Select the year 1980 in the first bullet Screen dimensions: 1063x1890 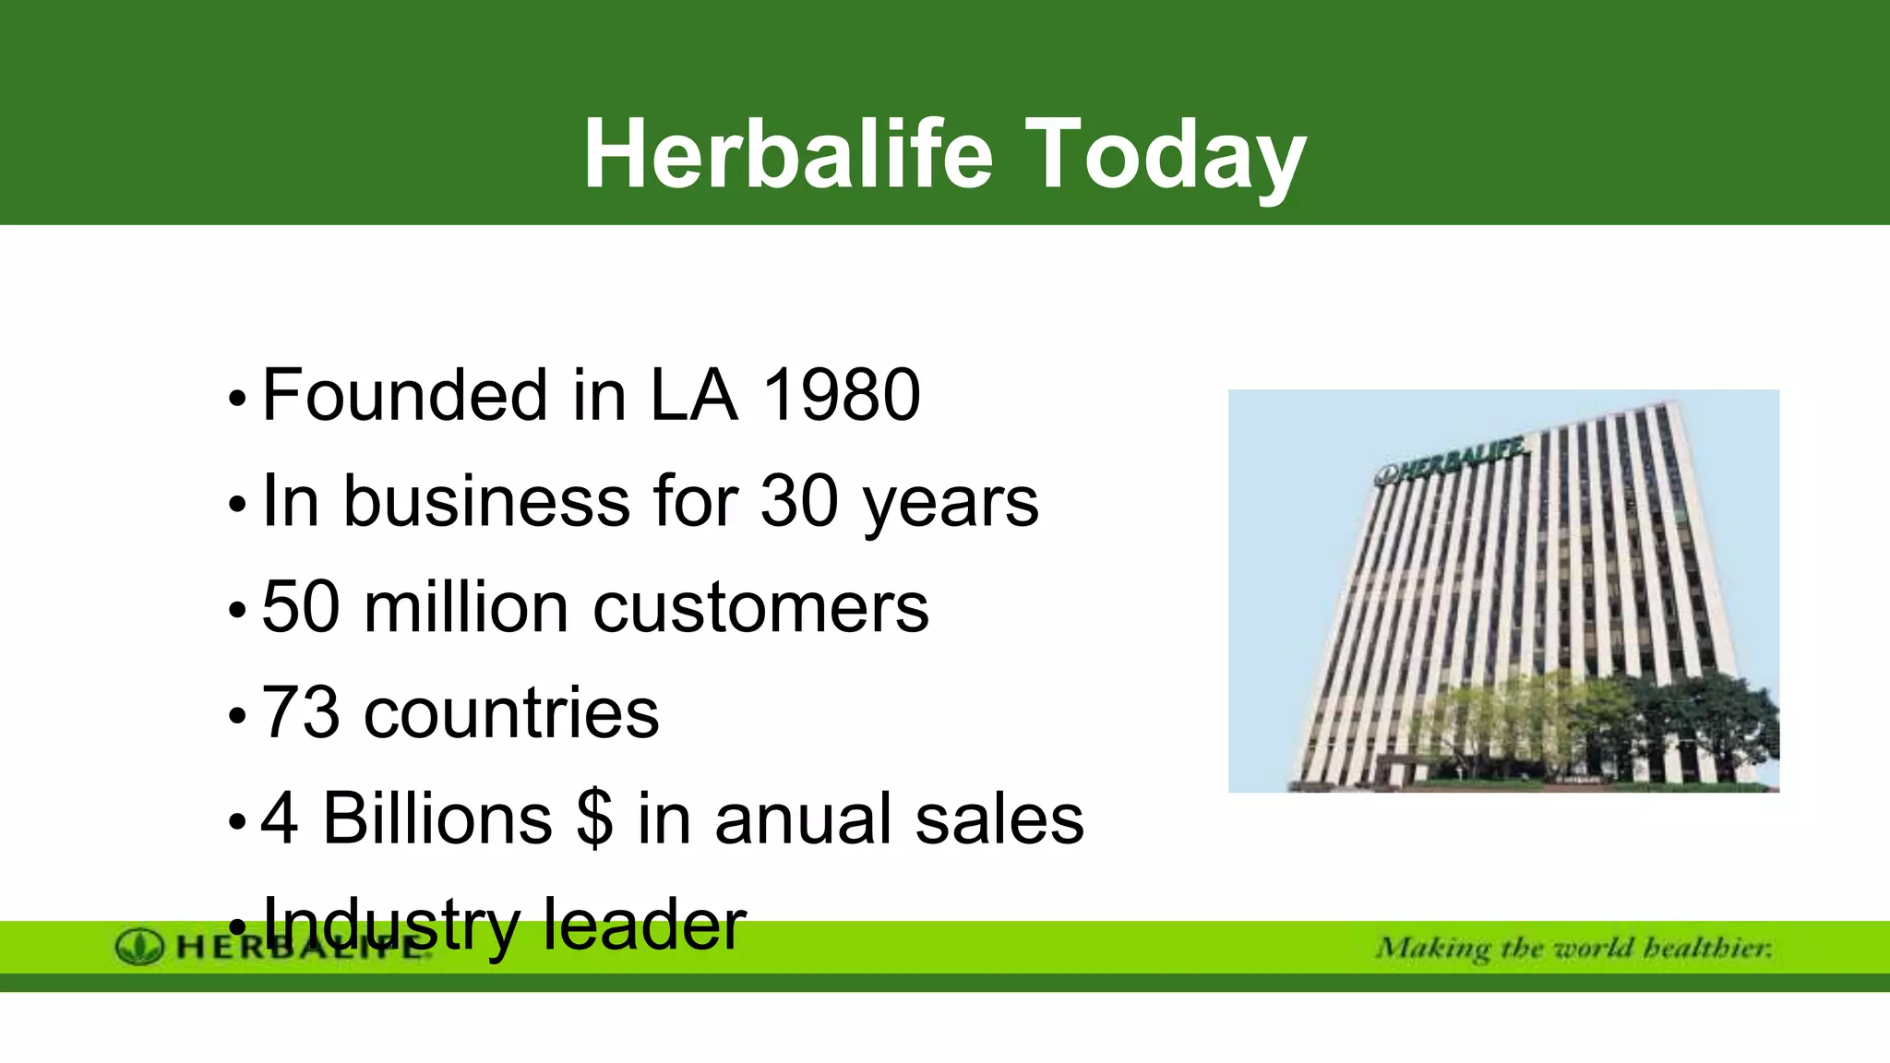click(x=841, y=396)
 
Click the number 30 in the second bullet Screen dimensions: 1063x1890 click(x=799, y=502)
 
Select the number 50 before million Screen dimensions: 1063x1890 click(x=301, y=608)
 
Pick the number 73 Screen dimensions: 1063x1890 click(x=301, y=714)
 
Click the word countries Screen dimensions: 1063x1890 click(x=511, y=714)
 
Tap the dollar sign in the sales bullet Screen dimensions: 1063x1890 click(x=595, y=819)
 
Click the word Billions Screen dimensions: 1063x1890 click(x=437, y=819)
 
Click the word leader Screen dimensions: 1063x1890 click(x=643, y=926)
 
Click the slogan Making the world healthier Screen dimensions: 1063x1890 click(x=1573, y=949)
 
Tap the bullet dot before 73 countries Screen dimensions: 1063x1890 click(x=238, y=717)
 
